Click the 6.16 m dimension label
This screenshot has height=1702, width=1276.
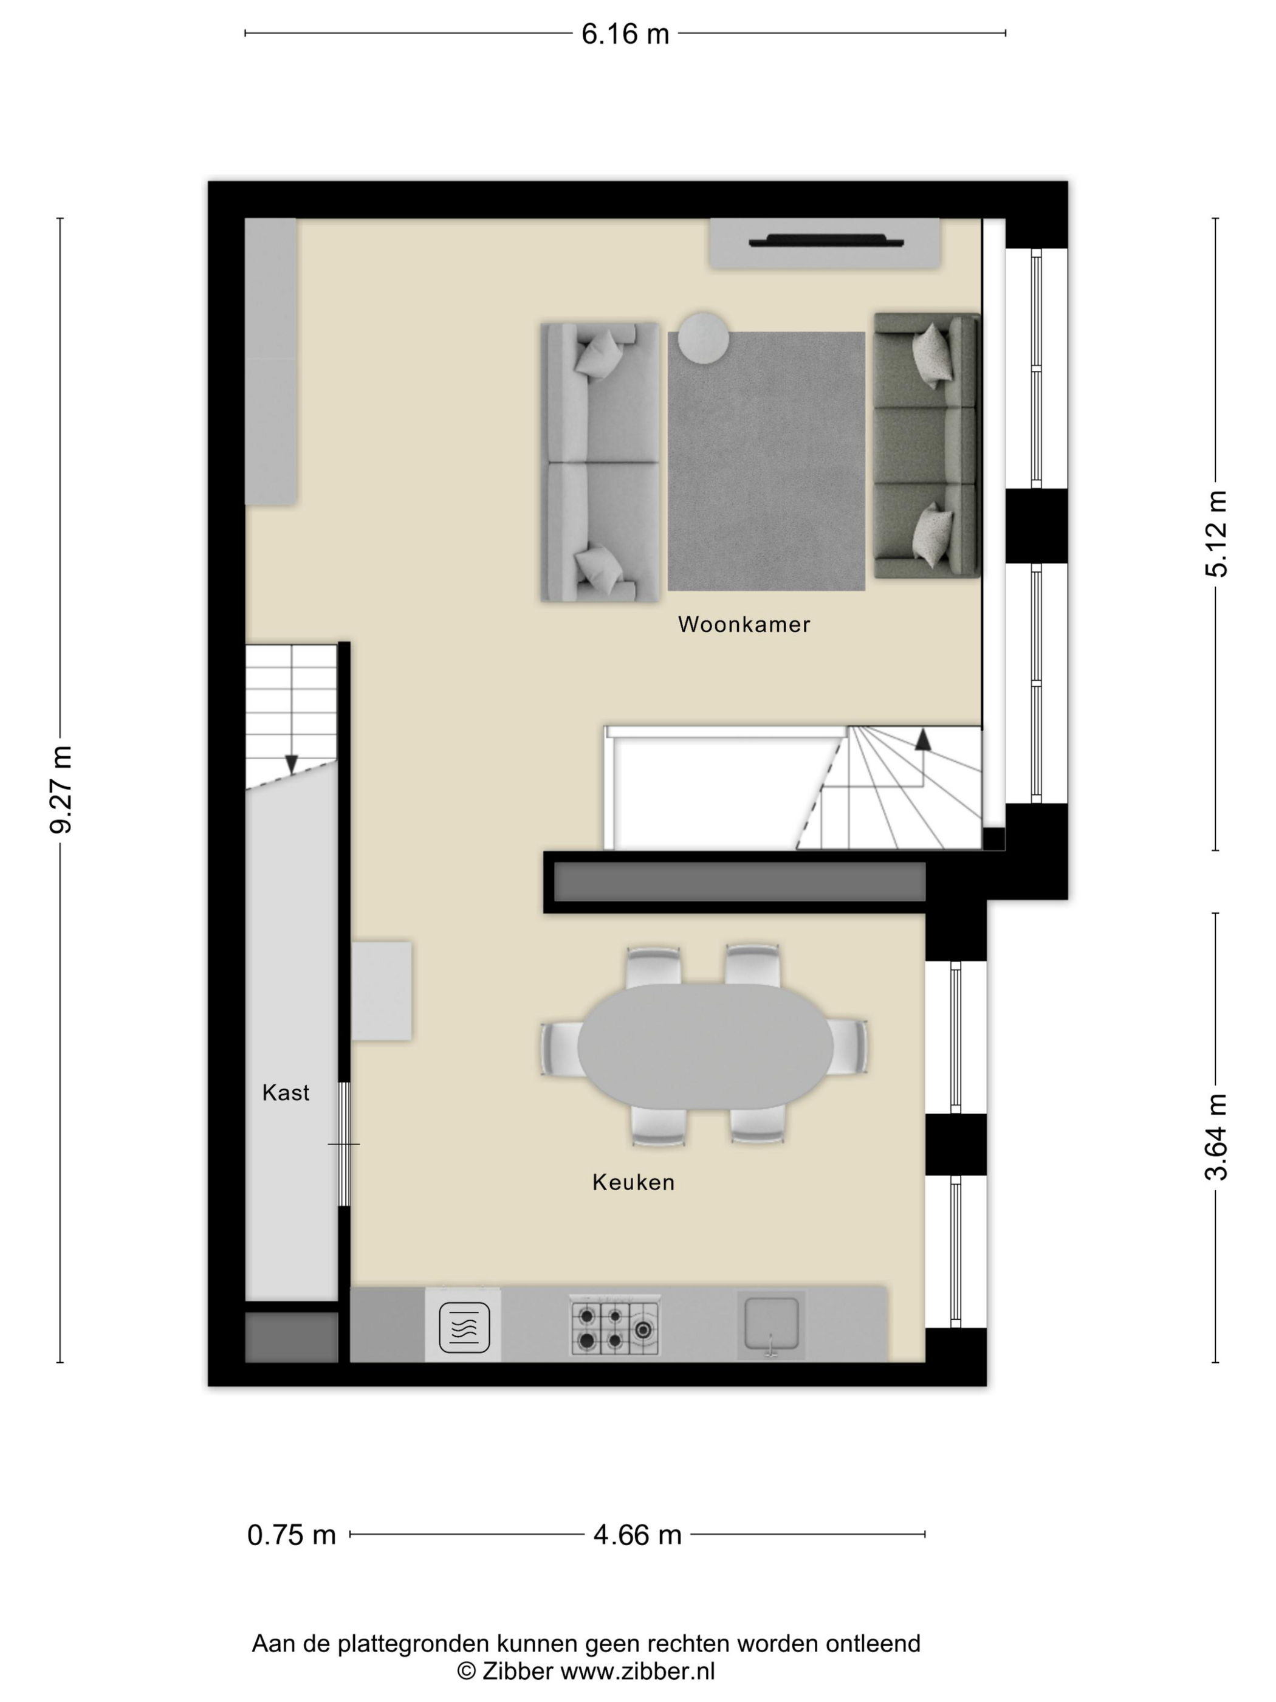(x=625, y=34)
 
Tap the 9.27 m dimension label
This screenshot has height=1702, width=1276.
(x=61, y=790)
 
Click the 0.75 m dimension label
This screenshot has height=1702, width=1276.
(x=292, y=1535)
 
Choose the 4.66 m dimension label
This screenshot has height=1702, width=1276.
(x=637, y=1535)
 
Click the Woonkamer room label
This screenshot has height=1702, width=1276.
(x=744, y=624)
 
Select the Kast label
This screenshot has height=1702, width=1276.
(x=286, y=1092)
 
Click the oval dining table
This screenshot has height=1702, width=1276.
(x=704, y=1047)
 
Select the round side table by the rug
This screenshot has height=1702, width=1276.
(x=703, y=337)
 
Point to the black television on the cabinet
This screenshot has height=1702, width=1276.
(x=826, y=240)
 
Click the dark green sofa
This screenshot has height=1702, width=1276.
(x=927, y=446)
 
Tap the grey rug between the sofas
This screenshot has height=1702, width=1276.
(x=766, y=461)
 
